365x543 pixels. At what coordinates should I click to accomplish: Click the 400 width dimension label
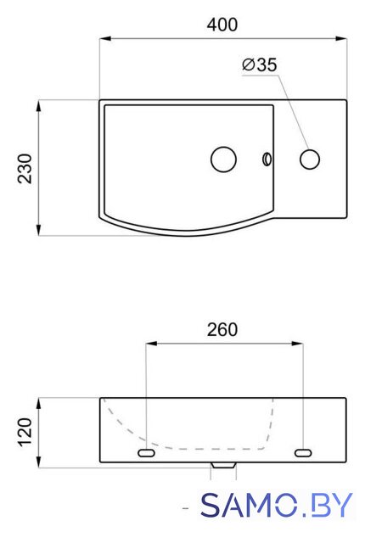(222, 25)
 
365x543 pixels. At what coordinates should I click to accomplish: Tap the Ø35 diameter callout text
(260, 64)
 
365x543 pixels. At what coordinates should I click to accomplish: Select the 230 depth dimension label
(25, 169)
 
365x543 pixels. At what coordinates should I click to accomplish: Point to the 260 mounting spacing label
(222, 330)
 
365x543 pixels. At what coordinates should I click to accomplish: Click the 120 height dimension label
(25, 433)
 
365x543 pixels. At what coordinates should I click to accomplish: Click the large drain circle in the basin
(224, 160)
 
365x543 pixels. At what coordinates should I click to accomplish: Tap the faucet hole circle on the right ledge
(310, 160)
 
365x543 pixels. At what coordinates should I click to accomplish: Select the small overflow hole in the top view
(267, 160)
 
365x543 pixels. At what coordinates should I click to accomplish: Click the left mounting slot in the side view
(146, 452)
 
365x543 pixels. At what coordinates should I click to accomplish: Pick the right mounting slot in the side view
(303, 452)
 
